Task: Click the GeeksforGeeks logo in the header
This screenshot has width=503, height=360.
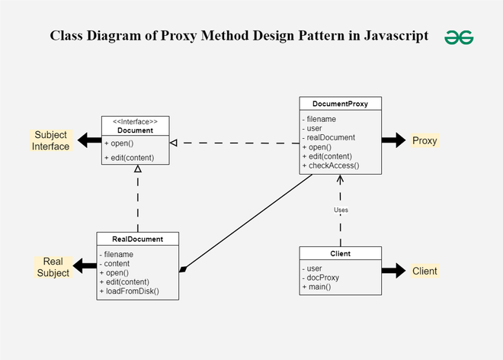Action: [x=460, y=36]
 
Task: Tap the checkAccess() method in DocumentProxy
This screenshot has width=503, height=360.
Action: [x=332, y=165]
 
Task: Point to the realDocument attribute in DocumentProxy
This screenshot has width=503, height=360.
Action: [x=331, y=137]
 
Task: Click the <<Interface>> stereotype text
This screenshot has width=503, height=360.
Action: [x=135, y=121]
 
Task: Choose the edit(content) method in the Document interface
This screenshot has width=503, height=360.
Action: [x=128, y=158]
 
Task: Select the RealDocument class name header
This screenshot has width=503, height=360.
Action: [x=138, y=239]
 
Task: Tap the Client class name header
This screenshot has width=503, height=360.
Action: [x=340, y=253]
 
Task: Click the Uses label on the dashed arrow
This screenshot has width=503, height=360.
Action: [x=341, y=210]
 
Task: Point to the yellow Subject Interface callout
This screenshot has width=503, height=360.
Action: [x=50, y=140]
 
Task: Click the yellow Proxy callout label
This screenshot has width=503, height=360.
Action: [x=425, y=140]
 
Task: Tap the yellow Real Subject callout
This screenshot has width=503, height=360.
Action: [x=53, y=267]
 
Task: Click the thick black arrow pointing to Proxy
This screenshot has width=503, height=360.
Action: [x=393, y=140]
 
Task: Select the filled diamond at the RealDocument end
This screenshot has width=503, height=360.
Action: [x=183, y=268]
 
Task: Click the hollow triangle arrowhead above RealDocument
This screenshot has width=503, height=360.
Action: [x=138, y=169]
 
